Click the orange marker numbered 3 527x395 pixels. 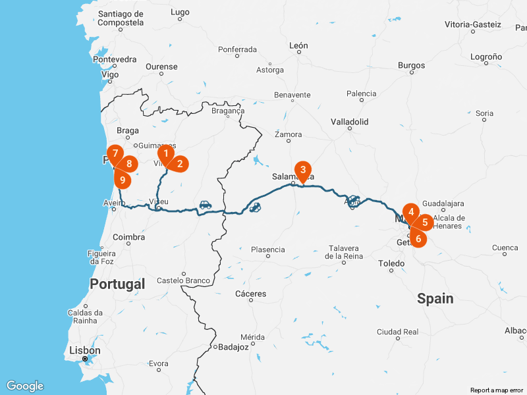(302, 170)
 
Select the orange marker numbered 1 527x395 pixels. (166, 153)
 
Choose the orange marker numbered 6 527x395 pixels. (418, 239)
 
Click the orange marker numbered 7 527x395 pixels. (115, 153)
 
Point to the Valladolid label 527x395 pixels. (350, 122)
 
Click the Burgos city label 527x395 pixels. (412, 65)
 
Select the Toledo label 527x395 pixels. (391, 263)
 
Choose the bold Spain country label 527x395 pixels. (435, 299)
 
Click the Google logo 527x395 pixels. (24, 386)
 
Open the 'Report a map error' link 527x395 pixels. (497, 390)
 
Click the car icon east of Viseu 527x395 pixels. (206, 205)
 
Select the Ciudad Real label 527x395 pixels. (397, 332)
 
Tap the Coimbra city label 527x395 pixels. (129, 237)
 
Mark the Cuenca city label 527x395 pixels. (505, 248)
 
